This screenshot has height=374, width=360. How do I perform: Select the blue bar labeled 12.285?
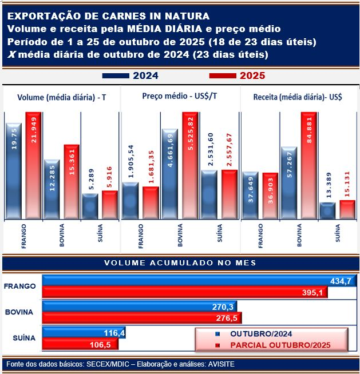(52, 189)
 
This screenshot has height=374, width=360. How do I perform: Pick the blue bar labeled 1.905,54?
(130, 200)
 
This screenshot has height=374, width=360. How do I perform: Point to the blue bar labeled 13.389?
(327, 210)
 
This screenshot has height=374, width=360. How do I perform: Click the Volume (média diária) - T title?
(61, 97)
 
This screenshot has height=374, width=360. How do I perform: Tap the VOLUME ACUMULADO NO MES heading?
(180, 262)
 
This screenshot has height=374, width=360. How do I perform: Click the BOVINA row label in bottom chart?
(20, 312)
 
